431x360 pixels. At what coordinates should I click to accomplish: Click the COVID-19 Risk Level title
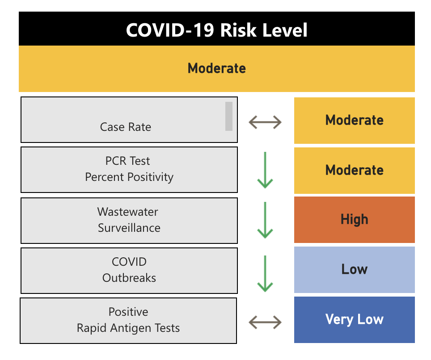pyautogui.click(x=216, y=30)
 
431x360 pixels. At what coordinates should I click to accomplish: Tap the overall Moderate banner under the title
pyautogui.click(x=216, y=69)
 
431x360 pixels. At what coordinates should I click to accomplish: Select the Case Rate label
pyautogui.click(x=126, y=127)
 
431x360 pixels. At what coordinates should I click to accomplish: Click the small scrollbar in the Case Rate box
pyautogui.click(x=229, y=117)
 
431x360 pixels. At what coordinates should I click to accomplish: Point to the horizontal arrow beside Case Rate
pyautogui.click(x=265, y=122)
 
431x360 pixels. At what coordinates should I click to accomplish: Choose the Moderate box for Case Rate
pyautogui.click(x=354, y=120)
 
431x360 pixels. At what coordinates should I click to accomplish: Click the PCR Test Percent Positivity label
pyautogui.click(x=129, y=169)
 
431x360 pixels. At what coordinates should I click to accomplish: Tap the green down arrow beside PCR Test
pyautogui.click(x=265, y=170)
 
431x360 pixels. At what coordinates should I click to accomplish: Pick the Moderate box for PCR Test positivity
pyautogui.click(x=354, y=171)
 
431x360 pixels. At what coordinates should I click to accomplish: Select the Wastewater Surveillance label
pyautogui.click(x=129, y=220)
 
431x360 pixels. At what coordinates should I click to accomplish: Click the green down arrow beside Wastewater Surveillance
pyautogui.click(x=265, y=220)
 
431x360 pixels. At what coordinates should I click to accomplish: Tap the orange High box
pyautogui.click(x=354, y=220)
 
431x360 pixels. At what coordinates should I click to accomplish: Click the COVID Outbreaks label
pyautogui.click(x=129, y=270)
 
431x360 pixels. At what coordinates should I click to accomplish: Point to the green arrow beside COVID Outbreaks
pyautogui.click(x=265, y=273)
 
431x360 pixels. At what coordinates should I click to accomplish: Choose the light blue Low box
pyautogui.click(x=354, y=270)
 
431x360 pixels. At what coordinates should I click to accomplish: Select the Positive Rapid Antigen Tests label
pyautogui.click(x=128, y=320)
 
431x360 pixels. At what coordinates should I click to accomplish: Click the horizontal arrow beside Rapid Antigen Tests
pyautogui.click(x=265, y=322)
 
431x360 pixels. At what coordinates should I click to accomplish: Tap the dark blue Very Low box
pyautogui.click(x=354, y=320)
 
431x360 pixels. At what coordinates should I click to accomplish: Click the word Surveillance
pyautogui.click(x=129, y=228)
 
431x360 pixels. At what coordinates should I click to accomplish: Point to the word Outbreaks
pyautogui.click(x=129, y=278)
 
